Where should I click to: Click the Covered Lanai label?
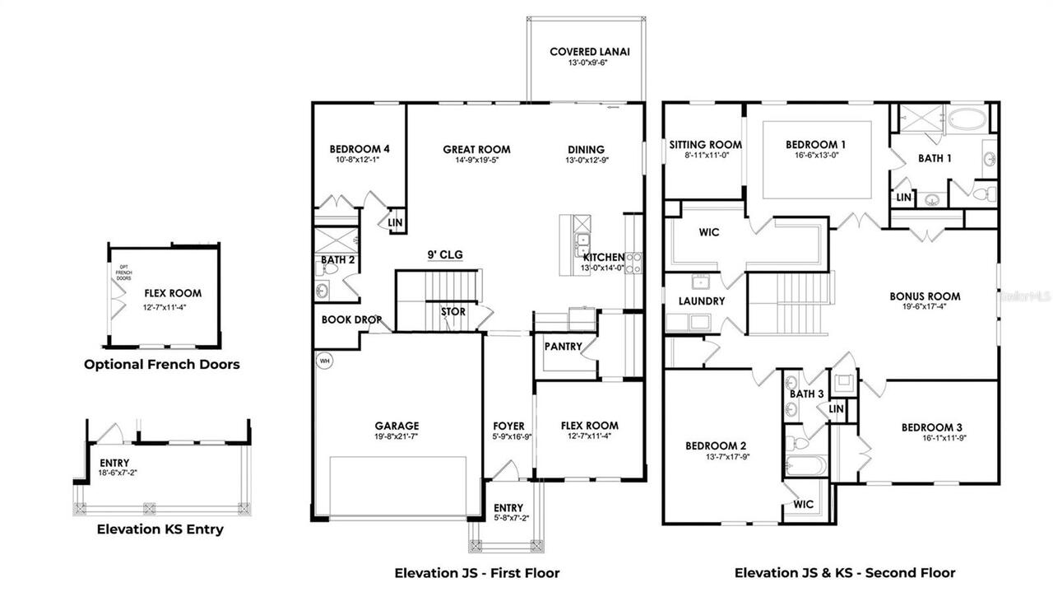[590, 52]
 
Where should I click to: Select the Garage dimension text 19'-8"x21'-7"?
[398, 437]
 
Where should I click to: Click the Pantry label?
[563, 347]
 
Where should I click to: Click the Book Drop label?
[350, 319]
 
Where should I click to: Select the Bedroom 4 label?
[359, 149]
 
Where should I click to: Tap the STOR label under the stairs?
[452, 312]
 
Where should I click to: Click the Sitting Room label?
[705, 144]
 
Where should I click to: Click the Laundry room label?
[702, 301]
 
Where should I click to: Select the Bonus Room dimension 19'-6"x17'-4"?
[925, 308]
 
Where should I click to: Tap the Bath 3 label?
[806, 394]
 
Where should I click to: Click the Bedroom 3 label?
[931, 427]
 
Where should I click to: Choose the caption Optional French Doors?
[162, 364]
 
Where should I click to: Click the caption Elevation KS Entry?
[160, 529]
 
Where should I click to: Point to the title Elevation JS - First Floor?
[477, 572]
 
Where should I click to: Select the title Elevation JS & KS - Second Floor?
[845, 572]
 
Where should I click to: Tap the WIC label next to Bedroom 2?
[804, 504]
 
